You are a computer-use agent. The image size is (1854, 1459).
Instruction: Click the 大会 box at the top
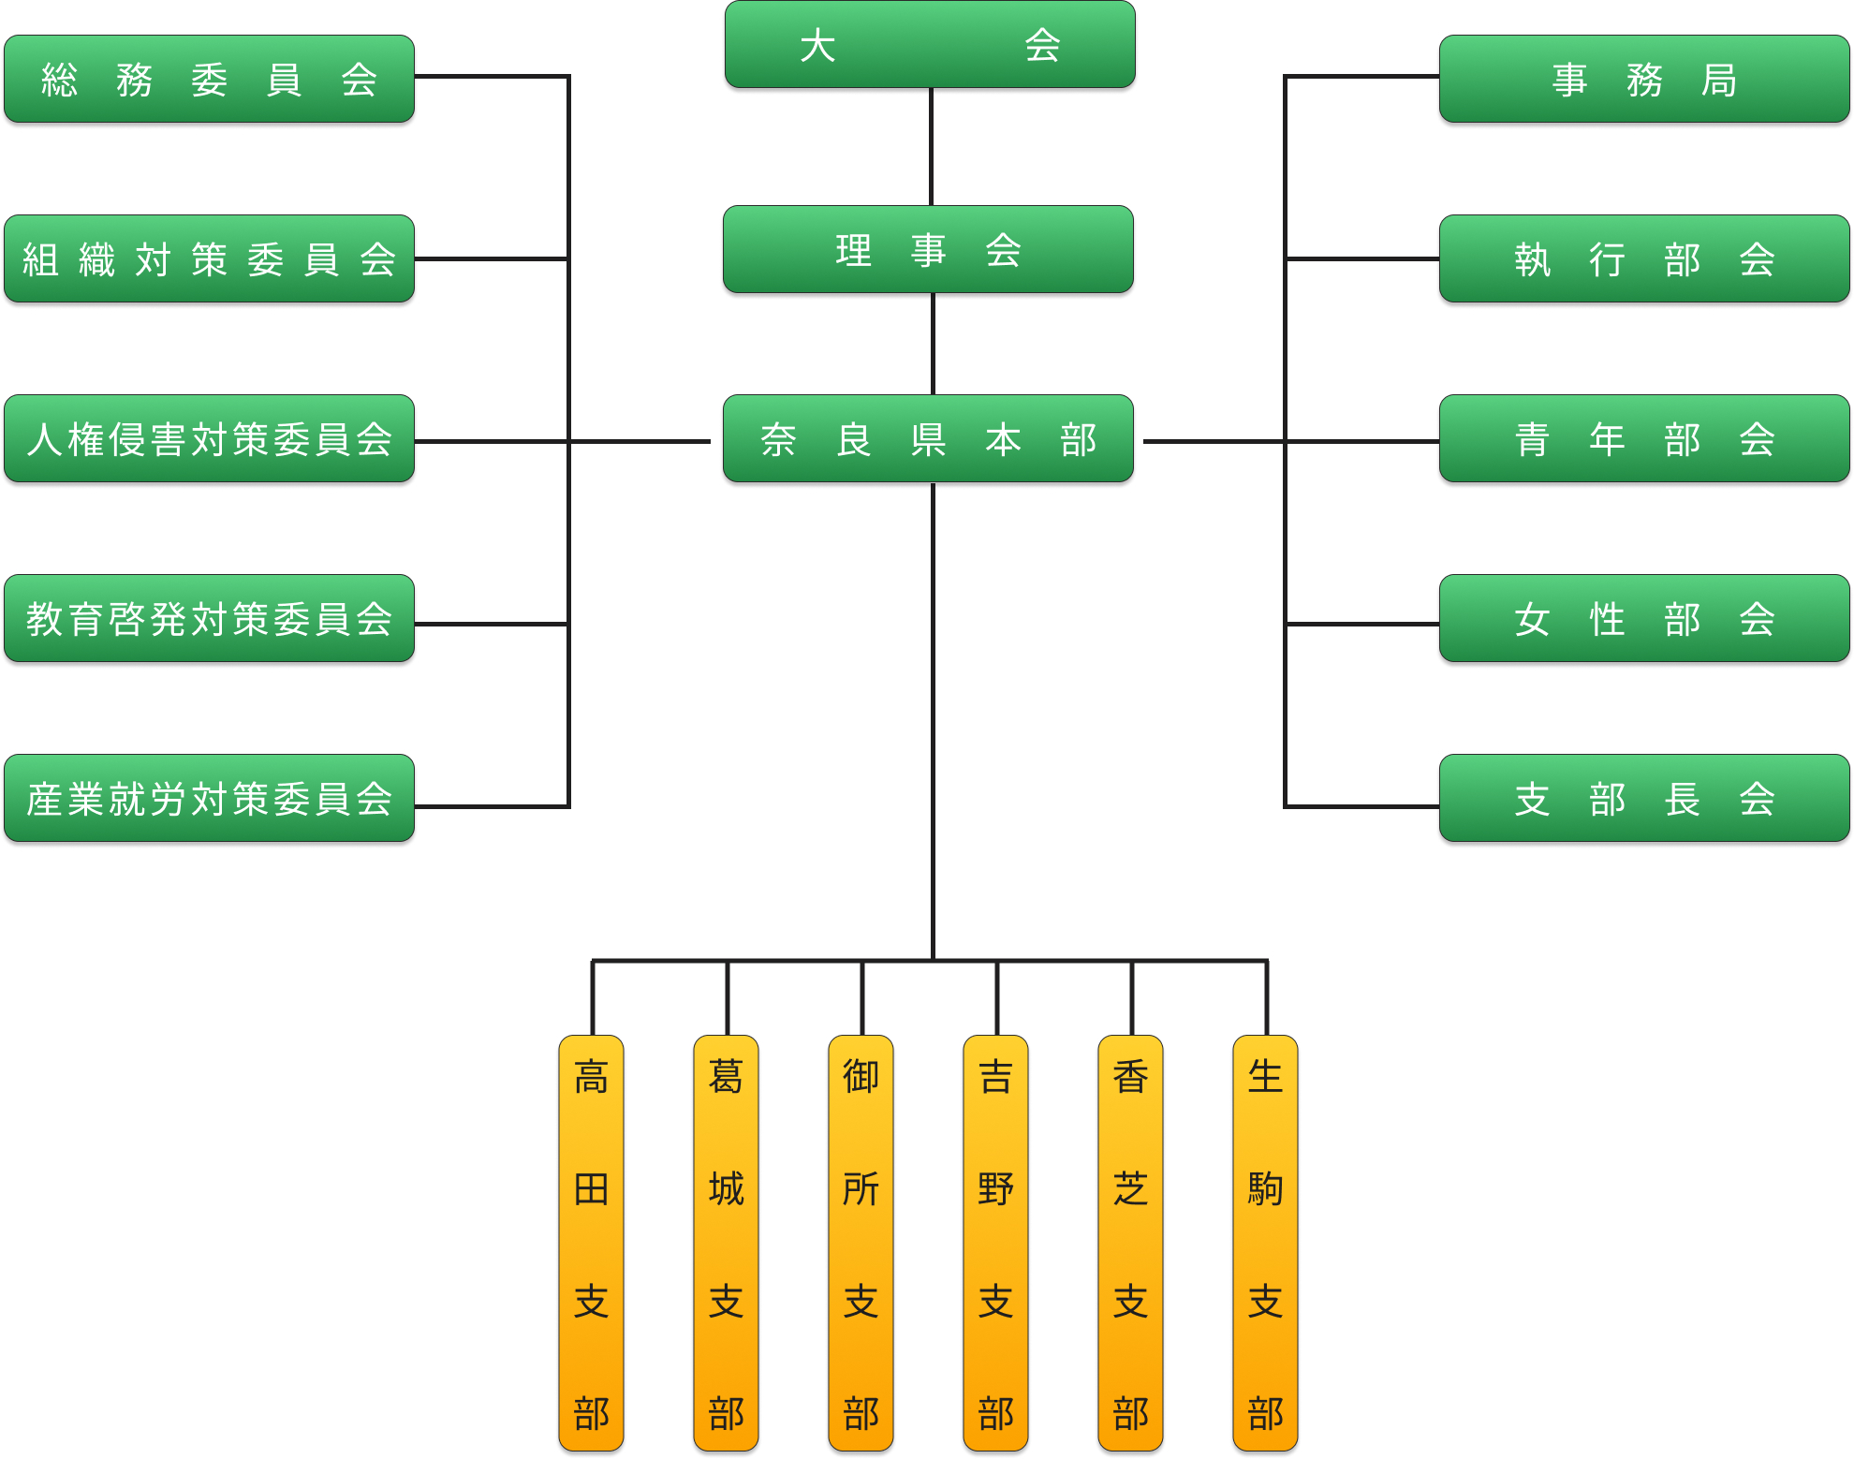coord(930,45)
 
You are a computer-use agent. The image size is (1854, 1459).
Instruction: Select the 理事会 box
coord(928,250)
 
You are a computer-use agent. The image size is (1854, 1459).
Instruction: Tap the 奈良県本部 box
coord(928,439)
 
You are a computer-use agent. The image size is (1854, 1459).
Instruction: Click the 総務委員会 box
coord(209,80)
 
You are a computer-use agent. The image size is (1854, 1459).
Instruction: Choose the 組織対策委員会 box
coord(209,259)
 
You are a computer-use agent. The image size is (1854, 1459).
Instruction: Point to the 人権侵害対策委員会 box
coord(209,439)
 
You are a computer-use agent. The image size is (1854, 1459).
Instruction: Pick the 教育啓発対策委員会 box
coord(209,619)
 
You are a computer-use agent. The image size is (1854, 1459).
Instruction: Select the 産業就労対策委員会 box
coord(209,799)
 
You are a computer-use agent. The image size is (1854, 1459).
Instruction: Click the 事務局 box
coord(1644,80)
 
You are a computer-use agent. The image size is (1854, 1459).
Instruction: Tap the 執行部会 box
coord(1644,259)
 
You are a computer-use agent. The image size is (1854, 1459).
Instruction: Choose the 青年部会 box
coord(1644,439)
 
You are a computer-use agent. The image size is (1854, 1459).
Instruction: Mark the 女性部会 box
coord(1644,619)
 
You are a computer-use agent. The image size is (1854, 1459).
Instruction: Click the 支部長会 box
coord(1644,799)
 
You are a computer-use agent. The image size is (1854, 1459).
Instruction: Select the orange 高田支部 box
coord(591,1244)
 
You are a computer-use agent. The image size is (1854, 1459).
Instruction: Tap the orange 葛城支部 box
coord(726,1244)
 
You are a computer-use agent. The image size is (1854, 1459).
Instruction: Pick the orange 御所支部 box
coord(861,1244)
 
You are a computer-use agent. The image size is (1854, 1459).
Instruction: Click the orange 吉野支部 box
coord(995,1244)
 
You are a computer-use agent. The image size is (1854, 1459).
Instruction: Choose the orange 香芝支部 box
coord(1130,1244)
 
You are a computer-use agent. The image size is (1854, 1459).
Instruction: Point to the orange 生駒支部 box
coord(1265,1244)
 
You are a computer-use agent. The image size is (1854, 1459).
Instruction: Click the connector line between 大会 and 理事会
coord(931,147)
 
